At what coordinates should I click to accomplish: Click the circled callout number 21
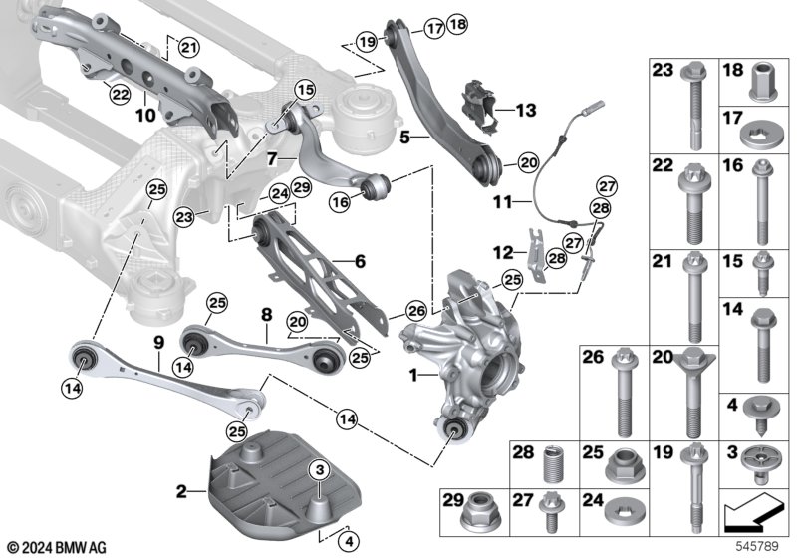[x=188, y=48]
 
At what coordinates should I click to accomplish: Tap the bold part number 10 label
[x=145, y=115]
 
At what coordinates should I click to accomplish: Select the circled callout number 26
[x=416, y=312]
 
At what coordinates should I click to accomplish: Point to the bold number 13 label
[x=526, y=110]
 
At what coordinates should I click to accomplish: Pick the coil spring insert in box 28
[x=554, y=464]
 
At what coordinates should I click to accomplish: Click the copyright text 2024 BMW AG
[x=58, y=547]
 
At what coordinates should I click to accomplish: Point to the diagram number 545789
[x=757, y=546]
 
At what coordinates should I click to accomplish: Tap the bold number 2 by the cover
[x=181, y=492]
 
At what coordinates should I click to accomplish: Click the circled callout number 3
[x=319, y=470]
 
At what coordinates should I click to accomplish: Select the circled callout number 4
[x=349, y=542]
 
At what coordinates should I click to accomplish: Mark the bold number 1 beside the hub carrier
[x=413, y=376]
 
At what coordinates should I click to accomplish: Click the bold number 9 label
[x=159, y=343]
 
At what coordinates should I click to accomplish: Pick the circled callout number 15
[x=306, y=91]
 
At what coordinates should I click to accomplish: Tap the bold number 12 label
[x=503, y=251]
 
